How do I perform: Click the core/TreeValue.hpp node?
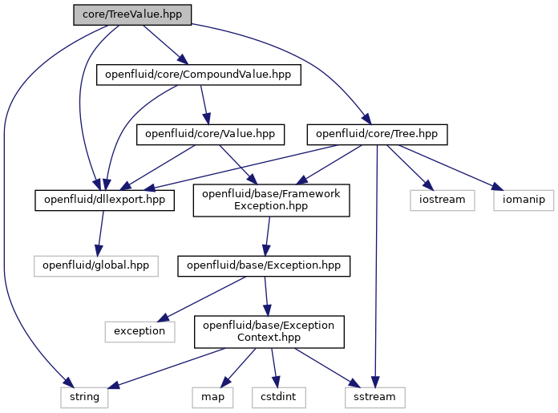click(x=132, y=14)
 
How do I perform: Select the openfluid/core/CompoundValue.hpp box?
click(x=199, y=75)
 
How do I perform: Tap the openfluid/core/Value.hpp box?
click(x=210, y=135)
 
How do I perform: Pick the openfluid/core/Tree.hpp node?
click(x=378, y=135)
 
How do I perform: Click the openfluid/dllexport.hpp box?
click(x=104, y=200)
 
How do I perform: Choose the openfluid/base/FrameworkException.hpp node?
click(x=271, y=200)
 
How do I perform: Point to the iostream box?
click(x=443, y=200)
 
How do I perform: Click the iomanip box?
click(x=524, y=200)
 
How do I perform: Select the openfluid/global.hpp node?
click(x=96, y=266)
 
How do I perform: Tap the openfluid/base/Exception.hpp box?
click(x=264, y=266)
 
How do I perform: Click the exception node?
click(x=139, y=332)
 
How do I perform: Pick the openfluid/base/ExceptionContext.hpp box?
click(x=269, y=332)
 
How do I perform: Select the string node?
click(x=84, y=397)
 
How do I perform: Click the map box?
click(x=212, y=397)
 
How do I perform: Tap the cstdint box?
click(x=279, y=397)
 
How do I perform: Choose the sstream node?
click(x=374, y=397)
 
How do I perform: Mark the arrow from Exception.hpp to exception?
click(x=202, y=299)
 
